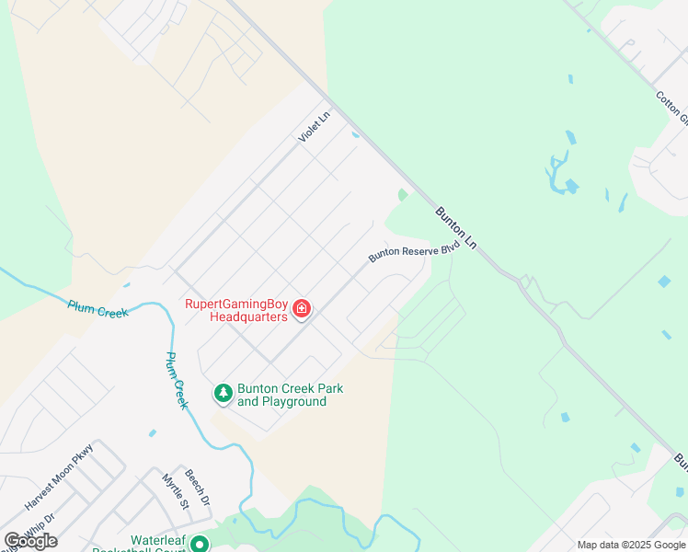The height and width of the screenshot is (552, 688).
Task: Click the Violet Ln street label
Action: pyautogui.click(x=314, y=127)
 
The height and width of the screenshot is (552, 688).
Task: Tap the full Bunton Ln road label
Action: pyautogui.click(x=456, y=229)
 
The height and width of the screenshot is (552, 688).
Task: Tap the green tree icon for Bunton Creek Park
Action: pyautogui.click(x=223, y=394)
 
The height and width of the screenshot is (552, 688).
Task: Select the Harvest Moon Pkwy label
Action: pyautogui.click(x=60, y=488)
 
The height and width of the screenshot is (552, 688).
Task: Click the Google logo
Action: pyautogui.click(x=30, y=540)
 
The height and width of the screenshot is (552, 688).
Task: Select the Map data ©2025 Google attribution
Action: pyautogui.click(x=630, y=545)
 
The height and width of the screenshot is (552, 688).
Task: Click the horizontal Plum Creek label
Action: pyautogui.click(x=97, y=308)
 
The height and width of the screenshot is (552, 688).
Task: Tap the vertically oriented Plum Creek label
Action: pyautogui.click(x=178, y=379)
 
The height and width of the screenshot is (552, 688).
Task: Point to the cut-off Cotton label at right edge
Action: pyautogui.click(x=671, y=108)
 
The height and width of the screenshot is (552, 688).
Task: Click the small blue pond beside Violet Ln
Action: pyautogui.click(x=356, y=134)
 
